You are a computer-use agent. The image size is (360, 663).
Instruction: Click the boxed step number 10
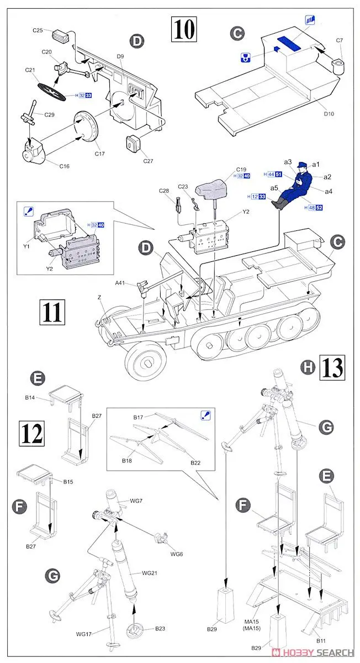(x=184, y=29)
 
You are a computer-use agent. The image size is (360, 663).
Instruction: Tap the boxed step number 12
(x=31, y=434)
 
